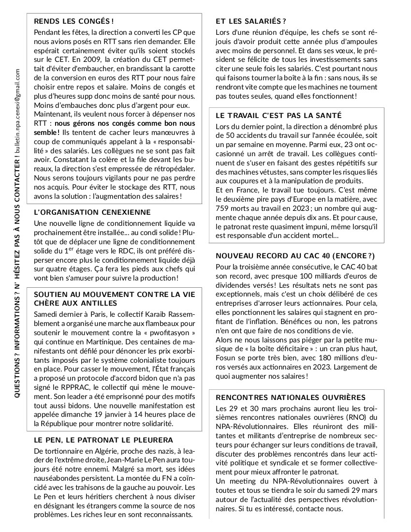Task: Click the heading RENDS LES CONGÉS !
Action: click(x=74, y=21)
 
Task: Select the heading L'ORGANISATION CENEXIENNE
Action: click(x=92, y=212)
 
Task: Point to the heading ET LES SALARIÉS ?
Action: click(x=251, y=21)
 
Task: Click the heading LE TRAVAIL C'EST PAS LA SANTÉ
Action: click(x=279, y=115)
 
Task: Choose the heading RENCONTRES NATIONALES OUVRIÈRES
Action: click(x=290, y=397)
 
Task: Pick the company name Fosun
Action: click(x=225, y=358)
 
